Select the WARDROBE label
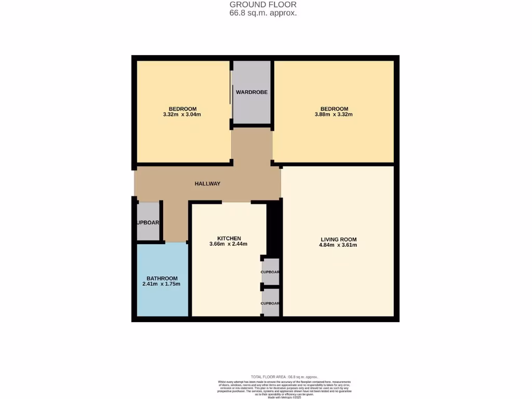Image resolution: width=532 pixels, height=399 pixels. pos(251,92)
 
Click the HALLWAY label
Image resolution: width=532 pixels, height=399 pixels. pos(207,183)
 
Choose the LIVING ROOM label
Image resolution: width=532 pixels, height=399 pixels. pos(338,240)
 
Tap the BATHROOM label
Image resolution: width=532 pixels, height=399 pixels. pos(162,278)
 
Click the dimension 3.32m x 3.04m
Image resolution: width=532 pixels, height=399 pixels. pos(182,114)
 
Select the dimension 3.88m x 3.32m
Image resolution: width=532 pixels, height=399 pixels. pos(334,114)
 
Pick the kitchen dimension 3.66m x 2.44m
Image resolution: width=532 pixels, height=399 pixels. pos(228,244)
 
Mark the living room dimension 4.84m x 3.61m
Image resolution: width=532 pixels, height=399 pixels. pos(338,245)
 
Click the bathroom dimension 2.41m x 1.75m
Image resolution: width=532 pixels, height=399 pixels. pos(162,284)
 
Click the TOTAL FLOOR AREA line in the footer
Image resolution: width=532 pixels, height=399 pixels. pos(284,377)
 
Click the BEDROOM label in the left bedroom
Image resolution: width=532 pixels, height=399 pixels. pos(182,109)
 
